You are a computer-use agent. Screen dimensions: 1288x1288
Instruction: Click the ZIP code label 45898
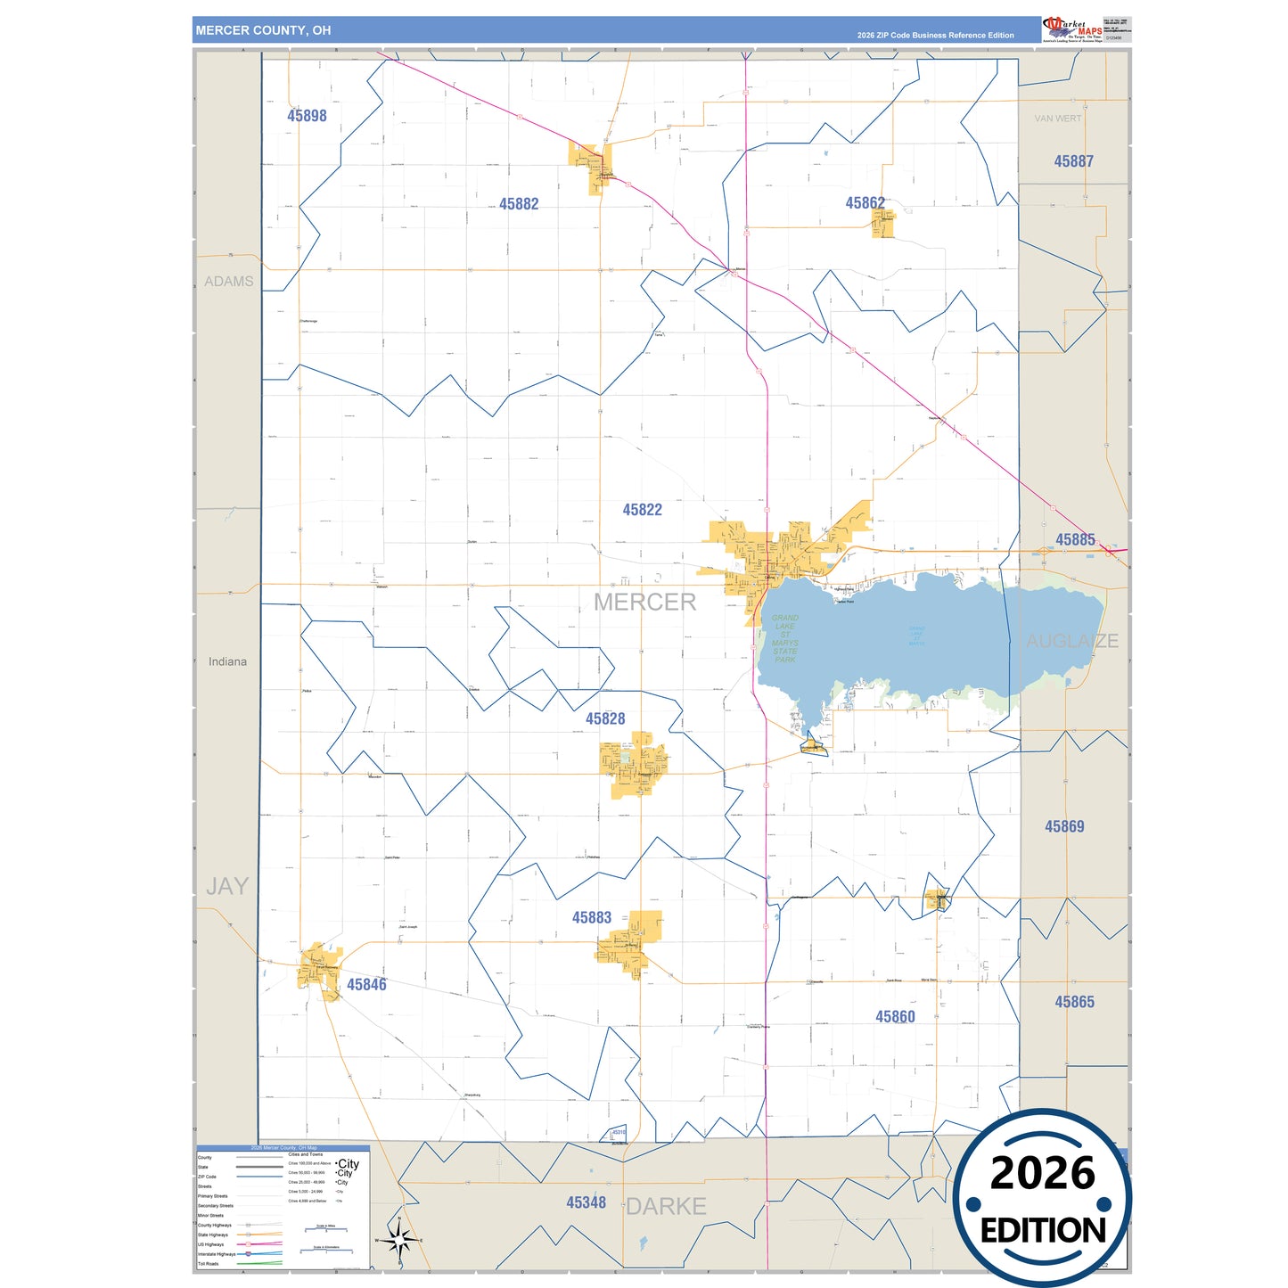[x=307, y=116]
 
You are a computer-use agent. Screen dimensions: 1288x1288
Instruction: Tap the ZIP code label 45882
[x=519, y=204]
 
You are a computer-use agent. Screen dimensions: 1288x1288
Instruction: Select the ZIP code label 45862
[x=865, y=203]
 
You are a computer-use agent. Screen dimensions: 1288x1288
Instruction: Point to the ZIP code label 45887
[x=1073, y=161]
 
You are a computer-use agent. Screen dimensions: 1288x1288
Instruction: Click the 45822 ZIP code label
[x=642, y=510]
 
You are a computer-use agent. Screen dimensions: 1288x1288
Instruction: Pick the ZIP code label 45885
[x=1075, y=539]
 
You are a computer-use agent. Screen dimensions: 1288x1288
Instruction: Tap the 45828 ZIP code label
[x=605, y=718]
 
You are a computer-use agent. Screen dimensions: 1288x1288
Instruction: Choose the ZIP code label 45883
[x=592, y=917]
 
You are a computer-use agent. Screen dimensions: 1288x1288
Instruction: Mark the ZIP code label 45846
[x=366, y=984]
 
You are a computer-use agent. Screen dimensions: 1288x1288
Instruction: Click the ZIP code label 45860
[x=895, y=1017]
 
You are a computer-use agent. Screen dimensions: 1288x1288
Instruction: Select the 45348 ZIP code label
[x=586, y=1202]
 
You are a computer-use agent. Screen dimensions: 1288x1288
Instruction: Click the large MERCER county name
[x=644, y=603]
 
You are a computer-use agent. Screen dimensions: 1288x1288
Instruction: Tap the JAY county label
[x=227, y=886]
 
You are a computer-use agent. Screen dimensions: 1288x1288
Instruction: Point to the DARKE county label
[x=666, y=1206]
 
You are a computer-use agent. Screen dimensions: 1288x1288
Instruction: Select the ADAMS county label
[x=229, y=282]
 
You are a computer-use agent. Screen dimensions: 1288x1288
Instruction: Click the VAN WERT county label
[x=1057, y=119]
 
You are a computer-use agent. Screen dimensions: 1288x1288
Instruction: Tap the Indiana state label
[x=227, y=661]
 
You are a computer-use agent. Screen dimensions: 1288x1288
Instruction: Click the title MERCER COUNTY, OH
[x=263, y=30]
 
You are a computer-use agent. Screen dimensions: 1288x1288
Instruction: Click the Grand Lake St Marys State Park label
[x=784, y=638]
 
